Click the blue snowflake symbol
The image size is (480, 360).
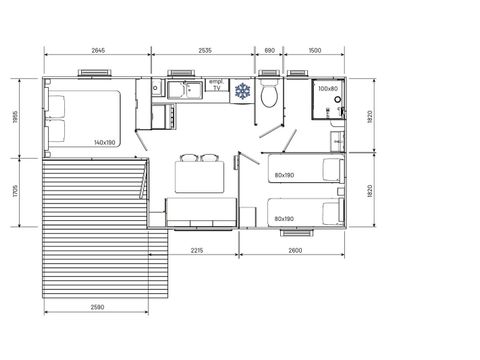coord(242,92)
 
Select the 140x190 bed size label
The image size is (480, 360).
coord(105,142)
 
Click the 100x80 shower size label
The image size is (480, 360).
coord(327,89)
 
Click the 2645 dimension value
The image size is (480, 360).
coord(98,49)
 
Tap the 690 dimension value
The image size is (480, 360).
coord(269,49)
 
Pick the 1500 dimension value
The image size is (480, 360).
coord(314,49)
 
